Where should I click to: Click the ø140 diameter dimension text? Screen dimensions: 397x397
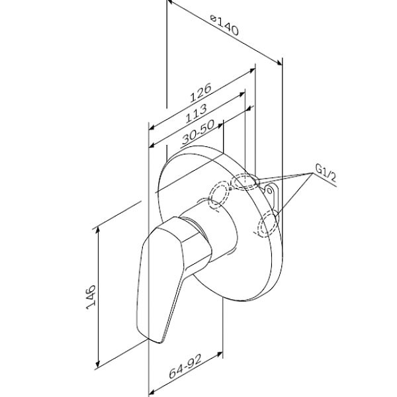click(223, 28)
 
